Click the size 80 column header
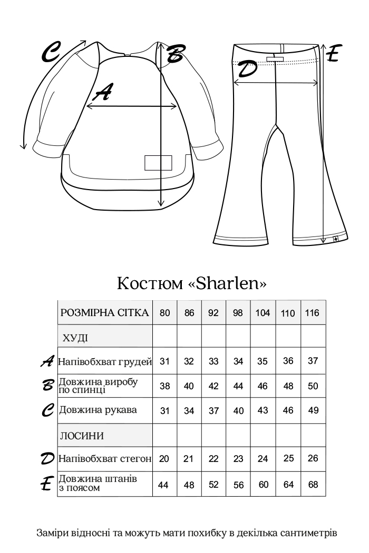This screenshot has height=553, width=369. click(x=164, y=313)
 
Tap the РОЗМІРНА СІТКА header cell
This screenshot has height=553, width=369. click(x=104, y=312)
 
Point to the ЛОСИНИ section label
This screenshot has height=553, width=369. click(x=80, y=436)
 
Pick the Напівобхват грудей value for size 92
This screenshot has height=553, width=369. click(x=213, y=361)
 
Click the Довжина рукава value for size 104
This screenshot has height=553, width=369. click(x=263, y=411)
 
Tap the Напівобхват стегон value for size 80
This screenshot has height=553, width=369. click(x=164, y=459)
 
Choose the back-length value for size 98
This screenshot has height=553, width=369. click(x=238, y=386)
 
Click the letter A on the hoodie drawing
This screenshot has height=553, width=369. click(x=103, y=93)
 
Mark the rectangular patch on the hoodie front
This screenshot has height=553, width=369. click(x=159, y=163)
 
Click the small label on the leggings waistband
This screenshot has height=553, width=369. click(x=274, y=60)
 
